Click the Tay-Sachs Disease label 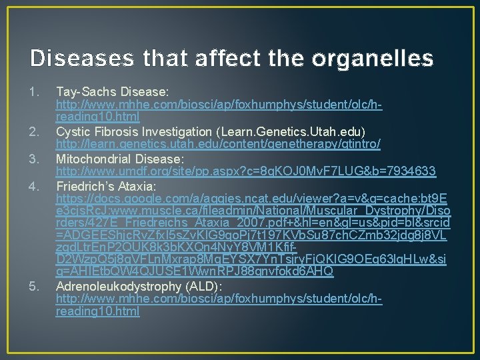[112, 90]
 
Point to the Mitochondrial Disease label [119, 159]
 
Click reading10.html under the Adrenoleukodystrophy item [97, 312]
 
